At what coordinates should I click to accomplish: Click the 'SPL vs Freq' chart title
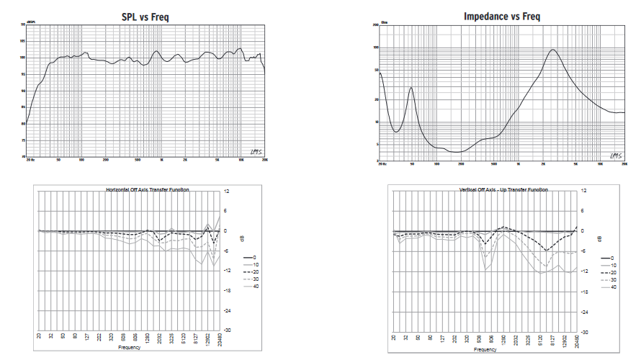click(x=145, y=17)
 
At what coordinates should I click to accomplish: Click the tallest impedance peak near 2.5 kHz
click(x=552, y=50)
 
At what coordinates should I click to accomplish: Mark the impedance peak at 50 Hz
click(x=411, y=88)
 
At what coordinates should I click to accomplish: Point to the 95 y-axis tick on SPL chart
click(x=23, y=73)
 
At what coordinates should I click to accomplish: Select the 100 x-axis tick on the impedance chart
click(x=438, y=164)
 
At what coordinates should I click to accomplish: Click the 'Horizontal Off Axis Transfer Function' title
click(x=147, y=190)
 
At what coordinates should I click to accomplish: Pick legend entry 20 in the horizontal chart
click(x=251, y=271)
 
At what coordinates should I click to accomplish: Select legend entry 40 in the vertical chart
click(x=613, y=287)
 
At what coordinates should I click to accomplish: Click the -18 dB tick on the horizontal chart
click(x=225, y=291)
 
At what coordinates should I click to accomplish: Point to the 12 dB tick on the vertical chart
click(x=583, y=191)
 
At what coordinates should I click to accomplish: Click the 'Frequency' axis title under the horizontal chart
click(x=130, y=348)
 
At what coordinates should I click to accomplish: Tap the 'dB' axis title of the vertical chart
click(x=593, y=240)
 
